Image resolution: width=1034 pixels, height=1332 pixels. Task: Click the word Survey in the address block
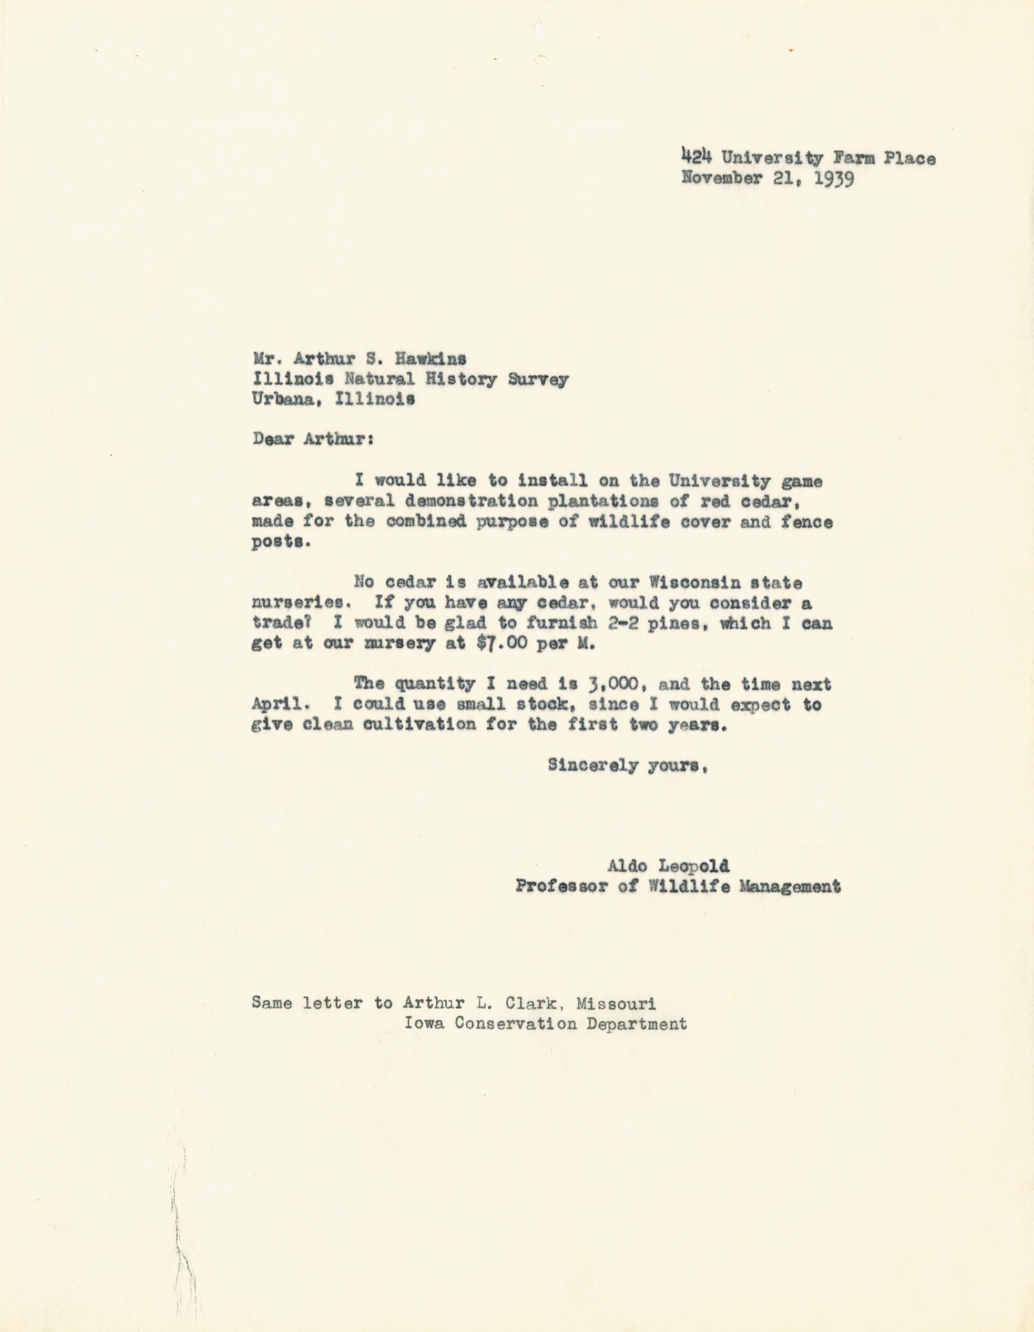click(x=538, y=379)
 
